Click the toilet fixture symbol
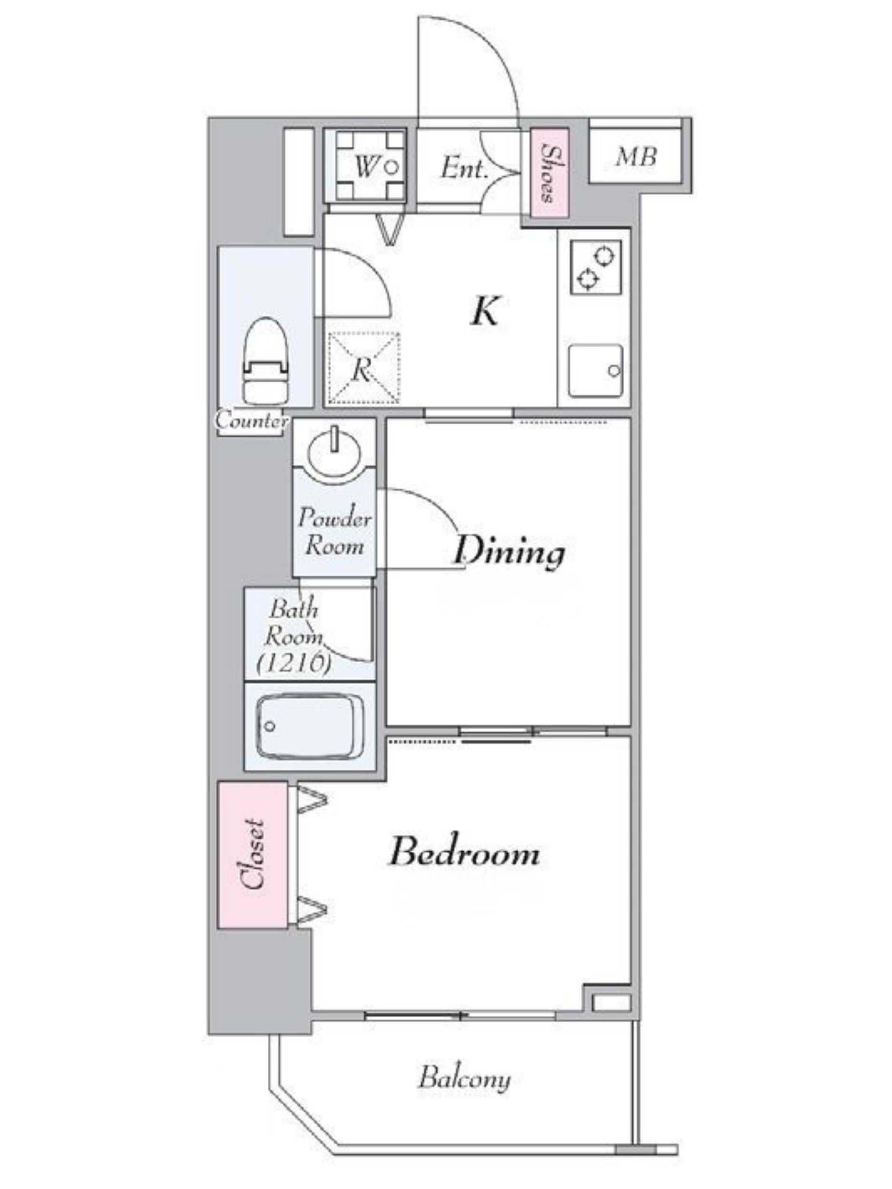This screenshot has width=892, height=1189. pyautogui.click(x=265, y=361)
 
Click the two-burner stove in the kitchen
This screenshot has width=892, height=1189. pyautogui.click(x=596, y=267)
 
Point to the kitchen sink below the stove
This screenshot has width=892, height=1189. pyautogui.click(x=596, y=370)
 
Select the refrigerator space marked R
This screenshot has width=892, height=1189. pyautogui.click(x=363, y=368)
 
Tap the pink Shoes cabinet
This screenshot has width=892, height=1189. pyautogui.click(x=549, y=173)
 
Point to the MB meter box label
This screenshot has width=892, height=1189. pyautogui.click(x=636, y=157)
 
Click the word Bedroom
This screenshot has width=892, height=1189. pyautogui.click(x=464, y=851)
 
